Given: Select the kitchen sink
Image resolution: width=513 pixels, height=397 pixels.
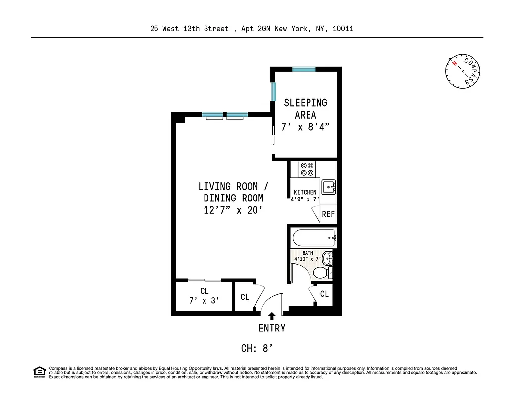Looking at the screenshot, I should coord(329,187).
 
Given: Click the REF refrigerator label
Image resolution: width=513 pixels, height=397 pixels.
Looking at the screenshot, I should coord(328,214).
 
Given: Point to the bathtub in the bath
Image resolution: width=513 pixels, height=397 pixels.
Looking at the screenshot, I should coord(313,237).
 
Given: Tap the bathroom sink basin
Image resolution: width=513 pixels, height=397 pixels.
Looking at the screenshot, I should coord(328,258).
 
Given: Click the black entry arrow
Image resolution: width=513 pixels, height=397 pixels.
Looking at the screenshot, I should coord(272,316).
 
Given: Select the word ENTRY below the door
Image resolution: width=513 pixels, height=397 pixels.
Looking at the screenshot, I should coord(272,328).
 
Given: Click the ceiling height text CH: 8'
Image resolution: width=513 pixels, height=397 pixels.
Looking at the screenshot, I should coord(257,348).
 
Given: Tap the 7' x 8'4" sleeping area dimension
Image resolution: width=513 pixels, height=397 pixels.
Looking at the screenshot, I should coord(306,127).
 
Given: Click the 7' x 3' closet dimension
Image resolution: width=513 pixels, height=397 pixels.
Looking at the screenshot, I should coord(204,301).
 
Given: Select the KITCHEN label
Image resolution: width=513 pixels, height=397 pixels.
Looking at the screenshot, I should coord(305,192).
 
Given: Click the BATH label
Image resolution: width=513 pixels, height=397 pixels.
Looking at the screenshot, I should coord(308,253).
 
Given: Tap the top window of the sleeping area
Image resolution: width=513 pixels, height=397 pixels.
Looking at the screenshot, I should coord(304,69).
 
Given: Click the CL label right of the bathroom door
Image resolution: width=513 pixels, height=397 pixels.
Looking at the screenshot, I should coord(324,294).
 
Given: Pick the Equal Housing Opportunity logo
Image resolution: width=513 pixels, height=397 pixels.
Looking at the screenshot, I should coord(39,372).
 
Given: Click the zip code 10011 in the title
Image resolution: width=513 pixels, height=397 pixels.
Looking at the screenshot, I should coord(343,29).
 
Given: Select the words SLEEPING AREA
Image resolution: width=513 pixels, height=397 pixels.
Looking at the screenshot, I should coord(306,109).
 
